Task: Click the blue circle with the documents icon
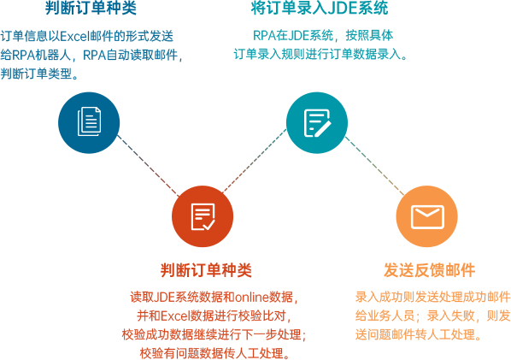89,122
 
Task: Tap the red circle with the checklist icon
203,216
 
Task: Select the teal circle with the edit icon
317,122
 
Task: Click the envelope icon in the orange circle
427,217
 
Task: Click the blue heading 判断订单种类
91,8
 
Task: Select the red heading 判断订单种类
206,270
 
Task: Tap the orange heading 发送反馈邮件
429,270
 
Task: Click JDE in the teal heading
342,9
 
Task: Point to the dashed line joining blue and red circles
149,166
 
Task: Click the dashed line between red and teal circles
255,161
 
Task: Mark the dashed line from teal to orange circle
374,166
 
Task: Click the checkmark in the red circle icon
209,224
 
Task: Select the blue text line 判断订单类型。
39,74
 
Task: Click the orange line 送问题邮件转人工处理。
419,334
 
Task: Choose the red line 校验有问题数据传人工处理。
214,353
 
